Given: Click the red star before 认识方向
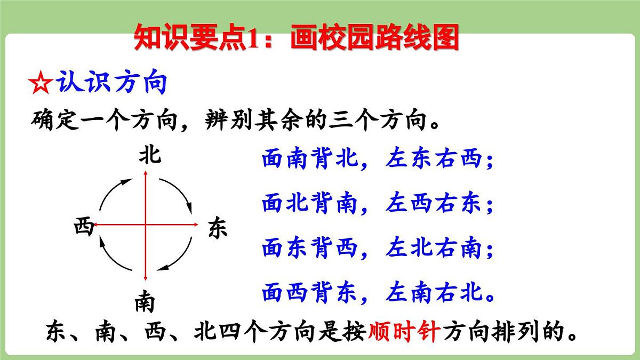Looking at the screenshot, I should click(x=40, y=84).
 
